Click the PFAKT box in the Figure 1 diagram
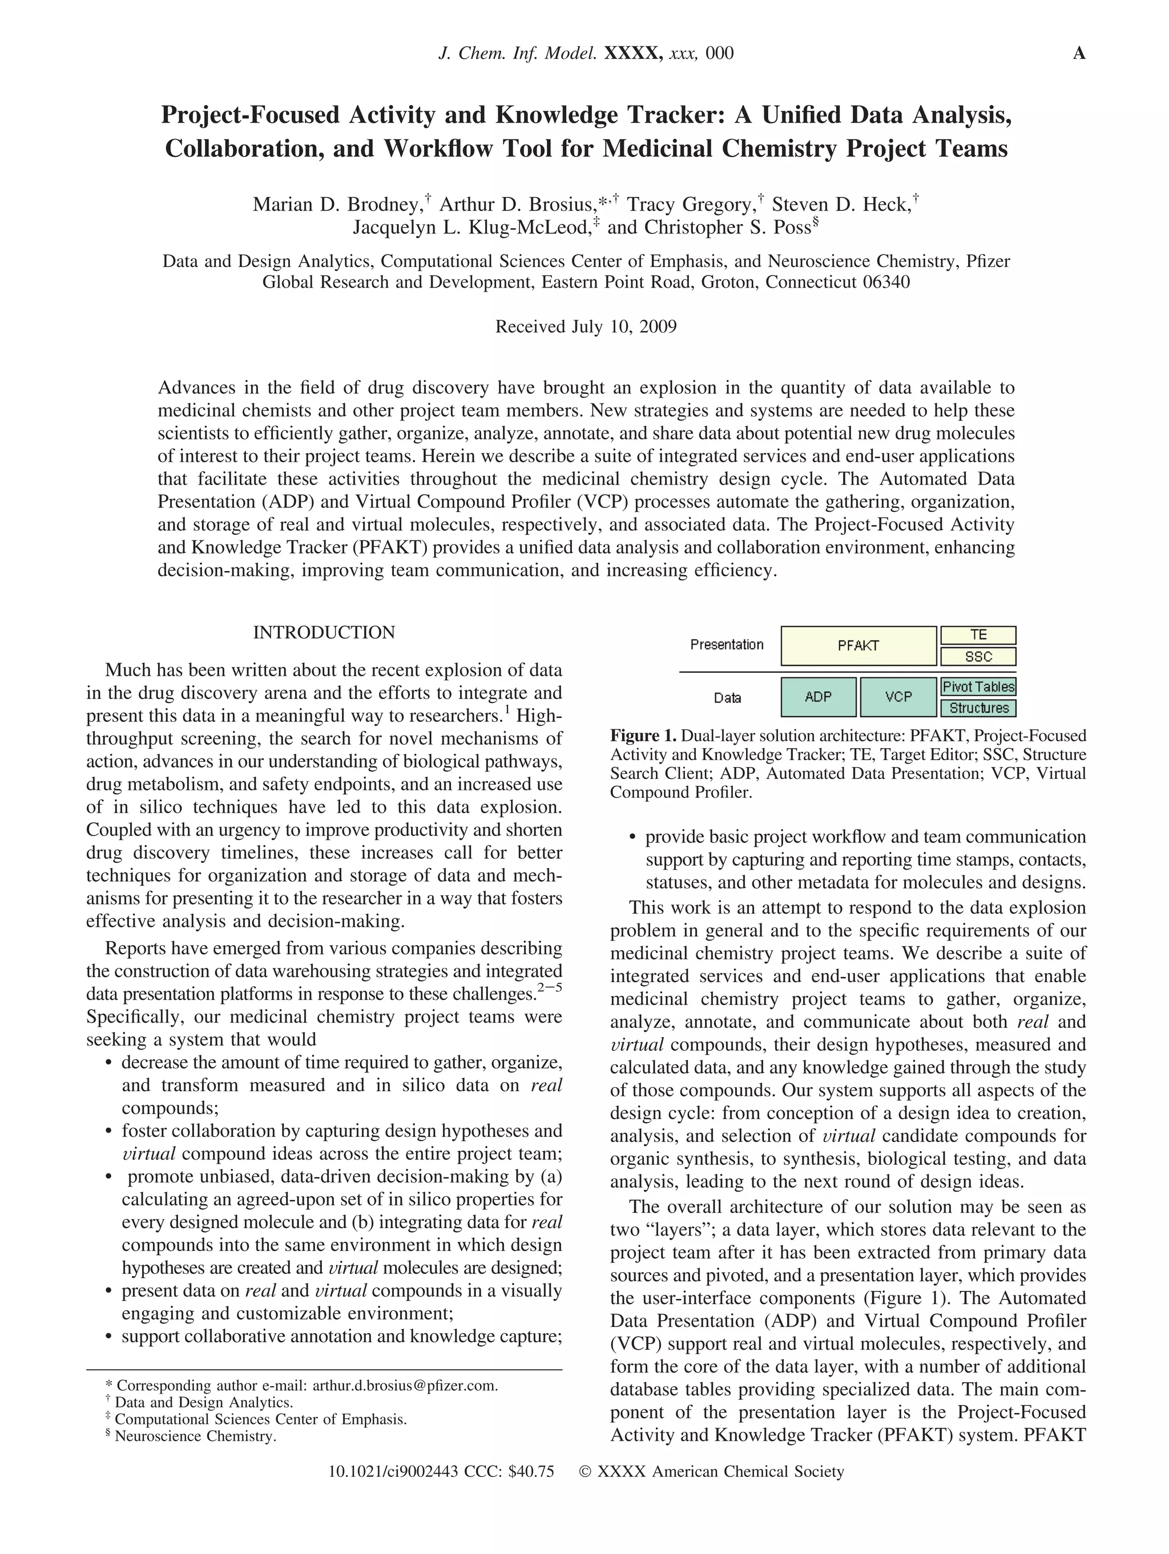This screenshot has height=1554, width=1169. [x=858, y=645]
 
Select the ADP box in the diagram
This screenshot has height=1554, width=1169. [x=818, y=696]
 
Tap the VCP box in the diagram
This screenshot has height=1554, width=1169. [x=898, y=696]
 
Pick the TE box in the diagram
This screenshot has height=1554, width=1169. [x=978, y=635]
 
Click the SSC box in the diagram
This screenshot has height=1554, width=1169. [x=978, y=657]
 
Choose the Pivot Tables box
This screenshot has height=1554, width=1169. [x=978, y=687]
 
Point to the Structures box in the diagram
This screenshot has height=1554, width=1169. [x=978, y=708]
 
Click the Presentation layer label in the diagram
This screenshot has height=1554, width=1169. [x=727, y=644]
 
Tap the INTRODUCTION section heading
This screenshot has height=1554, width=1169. [x=324, y=632]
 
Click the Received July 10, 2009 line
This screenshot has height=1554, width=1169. [x=586, y=326]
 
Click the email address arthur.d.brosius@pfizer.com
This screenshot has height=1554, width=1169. [x=405, y=1386]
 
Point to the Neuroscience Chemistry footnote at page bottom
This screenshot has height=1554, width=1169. [x=195, y=1436]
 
